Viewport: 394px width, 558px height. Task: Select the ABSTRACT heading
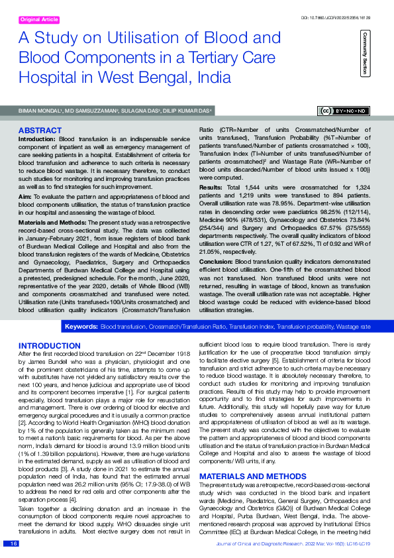[x=40, y=131]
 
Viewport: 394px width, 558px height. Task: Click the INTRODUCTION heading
[x=50, y=346]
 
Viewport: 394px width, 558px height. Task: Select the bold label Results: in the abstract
[x=212, y=188]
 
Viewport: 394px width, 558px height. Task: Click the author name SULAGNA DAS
[x=138, y=111]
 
